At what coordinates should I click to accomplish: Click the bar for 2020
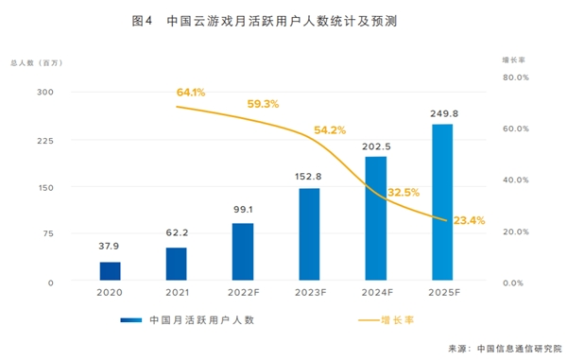pos(110,271)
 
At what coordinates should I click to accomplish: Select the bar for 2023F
pos(309,234)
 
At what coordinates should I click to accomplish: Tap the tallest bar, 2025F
pos(442,202)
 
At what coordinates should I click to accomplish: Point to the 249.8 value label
pos(444,113)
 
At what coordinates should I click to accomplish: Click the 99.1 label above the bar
pos(243,210)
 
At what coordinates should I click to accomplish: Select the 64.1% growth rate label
pos(191,93)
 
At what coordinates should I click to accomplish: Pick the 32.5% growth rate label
pos(404,193)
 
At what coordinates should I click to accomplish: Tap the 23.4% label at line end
pos(469,220)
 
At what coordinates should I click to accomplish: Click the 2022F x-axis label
pos(244,292)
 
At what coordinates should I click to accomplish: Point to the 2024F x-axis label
pos(377,292)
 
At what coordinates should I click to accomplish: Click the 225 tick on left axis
pos(45,141)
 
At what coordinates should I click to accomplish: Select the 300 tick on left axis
pos(45,93)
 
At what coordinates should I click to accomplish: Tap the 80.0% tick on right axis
pos(516,77)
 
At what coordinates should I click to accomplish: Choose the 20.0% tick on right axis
pos(516,231)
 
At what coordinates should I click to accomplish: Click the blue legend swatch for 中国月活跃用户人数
pos(131,320)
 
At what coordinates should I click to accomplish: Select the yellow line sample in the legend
pos(369,320)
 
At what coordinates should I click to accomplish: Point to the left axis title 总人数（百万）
pos(37,63)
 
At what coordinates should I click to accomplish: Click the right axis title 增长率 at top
pos(513,60)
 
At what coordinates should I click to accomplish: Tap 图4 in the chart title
pos(142,21)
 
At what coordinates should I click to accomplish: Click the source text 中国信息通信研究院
pos(520,349)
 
